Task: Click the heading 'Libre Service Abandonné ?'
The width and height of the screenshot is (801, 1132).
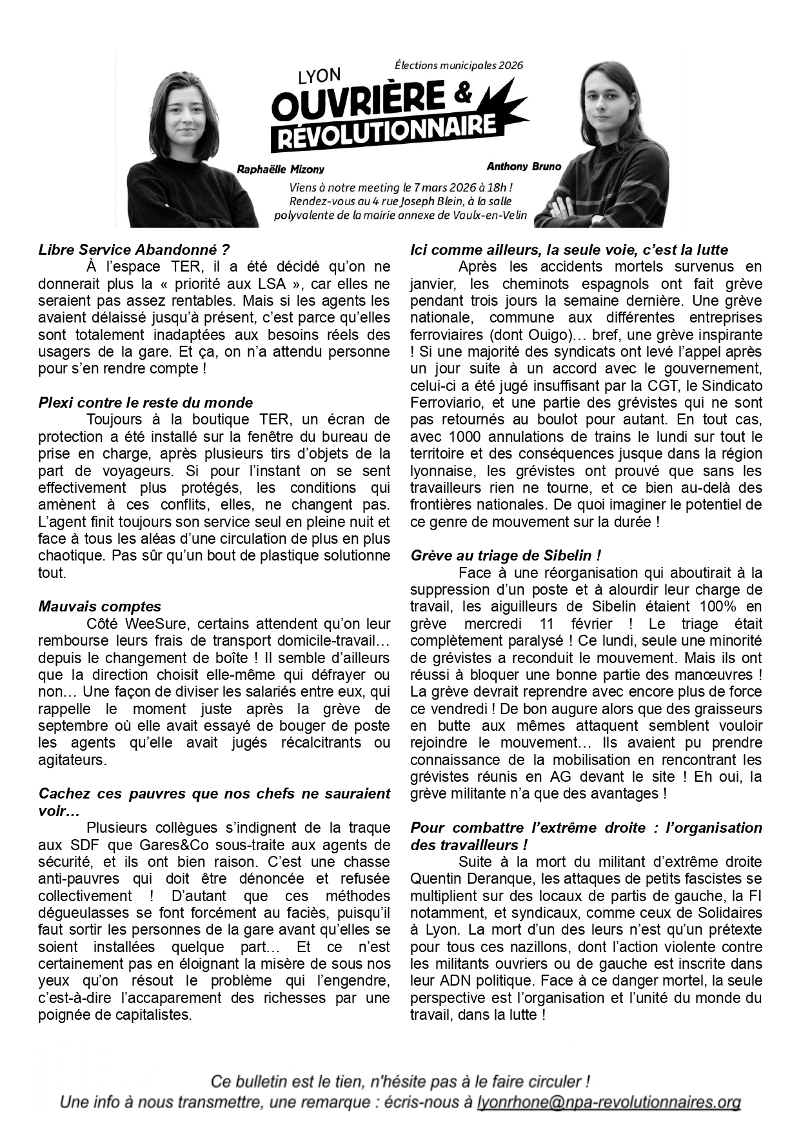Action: (134, 250)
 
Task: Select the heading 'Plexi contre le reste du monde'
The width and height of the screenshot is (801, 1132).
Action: (146, 402)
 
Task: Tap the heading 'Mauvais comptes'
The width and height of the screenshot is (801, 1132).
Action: (100, 606)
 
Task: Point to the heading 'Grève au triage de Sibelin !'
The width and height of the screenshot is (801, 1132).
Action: (506, 555)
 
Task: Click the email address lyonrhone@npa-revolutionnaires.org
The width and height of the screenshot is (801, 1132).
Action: (608, 1102)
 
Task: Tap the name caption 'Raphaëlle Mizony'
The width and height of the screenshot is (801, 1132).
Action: (281, 170)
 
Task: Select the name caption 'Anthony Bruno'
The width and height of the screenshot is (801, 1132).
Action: (524, 166)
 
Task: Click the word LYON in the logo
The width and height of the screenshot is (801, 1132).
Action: (319, 77)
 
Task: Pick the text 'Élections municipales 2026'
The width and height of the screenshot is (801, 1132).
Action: (459, 65)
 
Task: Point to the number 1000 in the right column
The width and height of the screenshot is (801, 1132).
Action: (464, 437)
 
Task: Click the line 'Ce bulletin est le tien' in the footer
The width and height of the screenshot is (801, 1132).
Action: (400, 1082)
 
